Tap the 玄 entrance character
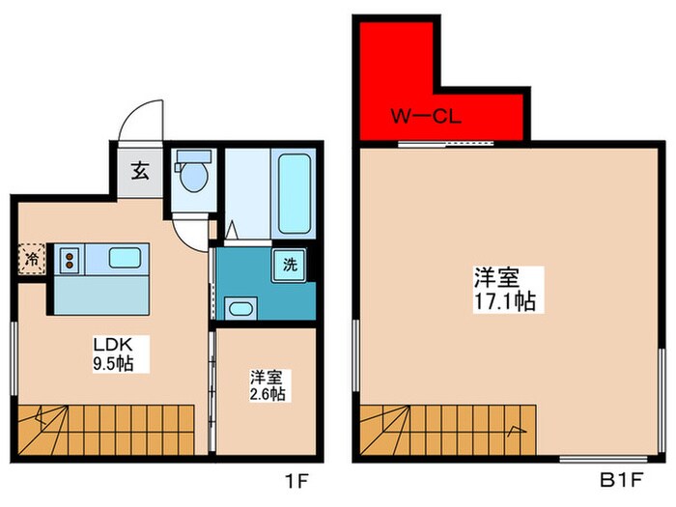pyautogui.click(x=140, y=173)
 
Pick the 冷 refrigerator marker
pyautogui.click(x=31, y=258)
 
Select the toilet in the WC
pyautogui.click(x=192, y=174)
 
